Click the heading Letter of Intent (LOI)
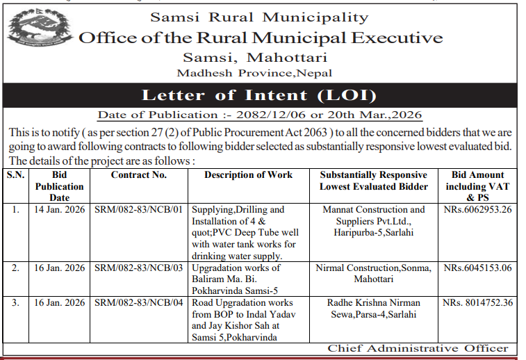[x=259, y=95]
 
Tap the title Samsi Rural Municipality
[x=260, y=17]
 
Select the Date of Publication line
[x=259, y=115]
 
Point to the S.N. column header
[x=15, y=175]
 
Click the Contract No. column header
[x=139, y=175]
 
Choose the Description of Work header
[x=248, y=175]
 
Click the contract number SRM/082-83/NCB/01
[x=139, y=209]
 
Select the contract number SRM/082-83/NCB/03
[x=139, y=268]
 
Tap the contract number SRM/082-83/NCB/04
[x=139, y=303]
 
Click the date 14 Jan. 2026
[x=59, y=209]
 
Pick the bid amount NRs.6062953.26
[x=477, y=209]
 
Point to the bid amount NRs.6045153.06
[x=477, y=268]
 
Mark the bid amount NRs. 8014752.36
[x=477, y=303]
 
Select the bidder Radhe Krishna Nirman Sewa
[x=373, y=309]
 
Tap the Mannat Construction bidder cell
[x=373, y=220]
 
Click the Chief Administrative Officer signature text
[x=418, y=348]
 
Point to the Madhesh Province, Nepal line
[x=254, y=73]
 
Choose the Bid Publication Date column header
[x=59, y=186]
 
